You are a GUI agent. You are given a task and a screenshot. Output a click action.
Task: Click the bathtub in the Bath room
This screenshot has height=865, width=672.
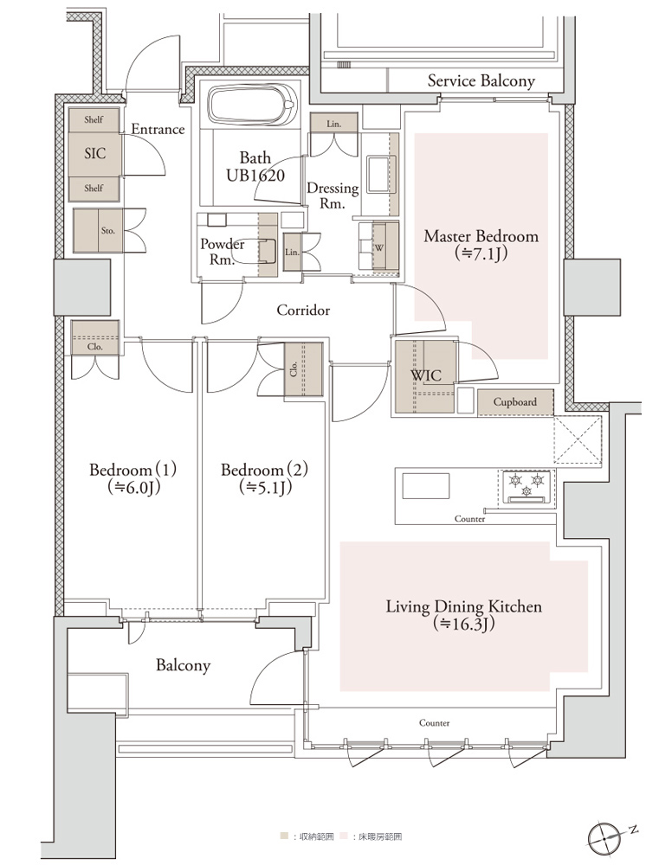(252, 105)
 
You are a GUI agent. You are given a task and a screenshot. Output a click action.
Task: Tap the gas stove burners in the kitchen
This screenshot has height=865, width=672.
(527, 486)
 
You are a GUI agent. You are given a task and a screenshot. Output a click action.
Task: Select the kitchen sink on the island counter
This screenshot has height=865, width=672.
(425, 486)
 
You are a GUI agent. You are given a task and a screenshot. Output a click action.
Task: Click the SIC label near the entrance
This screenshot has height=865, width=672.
(95, 153)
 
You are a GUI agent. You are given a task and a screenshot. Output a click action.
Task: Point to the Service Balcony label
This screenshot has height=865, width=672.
(481, 81)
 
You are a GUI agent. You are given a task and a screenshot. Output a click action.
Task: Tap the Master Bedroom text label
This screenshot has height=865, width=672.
(481, 245)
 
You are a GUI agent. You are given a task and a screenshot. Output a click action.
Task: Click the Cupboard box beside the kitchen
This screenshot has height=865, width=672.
(514, 403)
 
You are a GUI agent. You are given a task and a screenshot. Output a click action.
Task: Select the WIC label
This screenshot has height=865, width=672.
(426, 375)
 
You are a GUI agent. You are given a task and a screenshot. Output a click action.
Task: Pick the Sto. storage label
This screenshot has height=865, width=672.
(108, 231)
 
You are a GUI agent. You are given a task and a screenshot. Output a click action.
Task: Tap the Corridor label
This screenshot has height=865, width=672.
(303, 310)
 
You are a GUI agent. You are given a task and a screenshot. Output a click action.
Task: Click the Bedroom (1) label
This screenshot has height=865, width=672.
(132, 478)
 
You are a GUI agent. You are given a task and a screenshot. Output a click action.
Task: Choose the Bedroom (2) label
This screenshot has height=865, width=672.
(264, 478)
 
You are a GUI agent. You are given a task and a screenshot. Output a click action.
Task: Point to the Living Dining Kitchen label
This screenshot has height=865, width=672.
(463, 615)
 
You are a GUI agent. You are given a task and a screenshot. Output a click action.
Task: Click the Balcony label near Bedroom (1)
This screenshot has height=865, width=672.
(183, 665)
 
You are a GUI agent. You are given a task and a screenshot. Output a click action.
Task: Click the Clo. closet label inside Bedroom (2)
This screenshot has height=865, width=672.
(294, 368)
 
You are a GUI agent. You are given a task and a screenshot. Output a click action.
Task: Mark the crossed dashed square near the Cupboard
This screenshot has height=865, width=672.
(577, 441)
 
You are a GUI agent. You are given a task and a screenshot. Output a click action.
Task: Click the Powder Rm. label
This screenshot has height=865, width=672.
(222, 252)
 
